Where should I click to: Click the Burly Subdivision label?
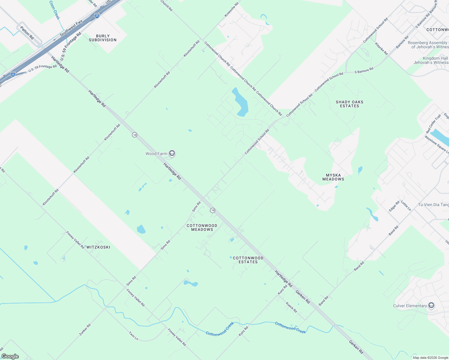(103, 38)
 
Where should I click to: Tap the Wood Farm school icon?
(172, 154)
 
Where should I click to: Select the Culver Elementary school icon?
(431, 306)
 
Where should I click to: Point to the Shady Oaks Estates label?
(349, 104)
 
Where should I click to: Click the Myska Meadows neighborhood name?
(333, 177)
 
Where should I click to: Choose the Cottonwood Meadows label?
(202, 227)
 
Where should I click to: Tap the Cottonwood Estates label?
(248, 260)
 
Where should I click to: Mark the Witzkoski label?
(98, 247)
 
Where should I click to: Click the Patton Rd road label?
(27, 33)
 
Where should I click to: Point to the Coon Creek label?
(55, 10)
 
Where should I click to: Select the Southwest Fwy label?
(71, 28)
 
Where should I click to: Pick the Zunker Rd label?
(85, 330)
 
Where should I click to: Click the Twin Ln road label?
(134, 336)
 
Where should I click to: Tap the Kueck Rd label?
(291, 307)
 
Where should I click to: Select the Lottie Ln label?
(406, 205)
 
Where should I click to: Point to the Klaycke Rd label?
(381, 49)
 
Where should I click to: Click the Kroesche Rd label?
(231, 10)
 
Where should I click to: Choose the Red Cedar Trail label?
(433, 124)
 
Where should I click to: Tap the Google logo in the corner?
(10, 356)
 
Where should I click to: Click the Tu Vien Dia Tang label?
(433, 205)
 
